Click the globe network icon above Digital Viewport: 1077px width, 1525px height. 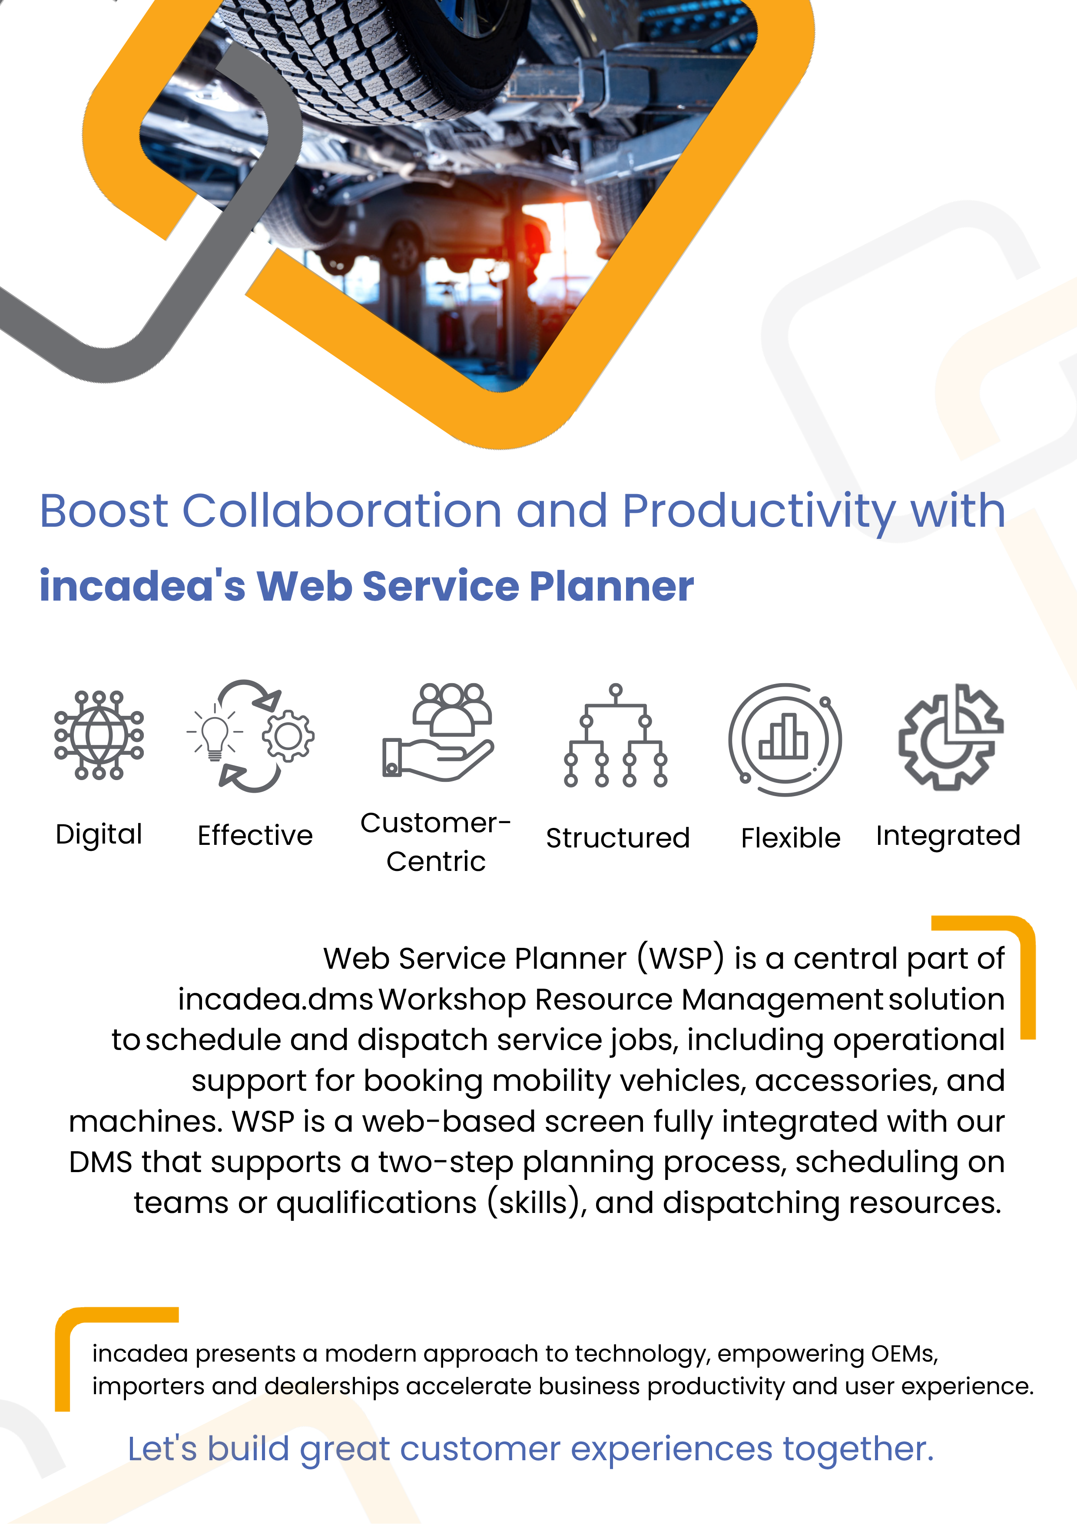pos(99,734)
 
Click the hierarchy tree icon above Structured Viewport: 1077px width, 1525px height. pos(616,736)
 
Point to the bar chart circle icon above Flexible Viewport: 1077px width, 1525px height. pos(785,739)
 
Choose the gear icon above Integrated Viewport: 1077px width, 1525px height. pos(950,737)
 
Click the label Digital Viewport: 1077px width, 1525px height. pos(99,834)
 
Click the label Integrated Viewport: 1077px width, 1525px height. pos(948,836)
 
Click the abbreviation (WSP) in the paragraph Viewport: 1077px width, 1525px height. pos(681,958)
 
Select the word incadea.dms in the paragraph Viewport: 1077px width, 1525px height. pos(275,1000)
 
